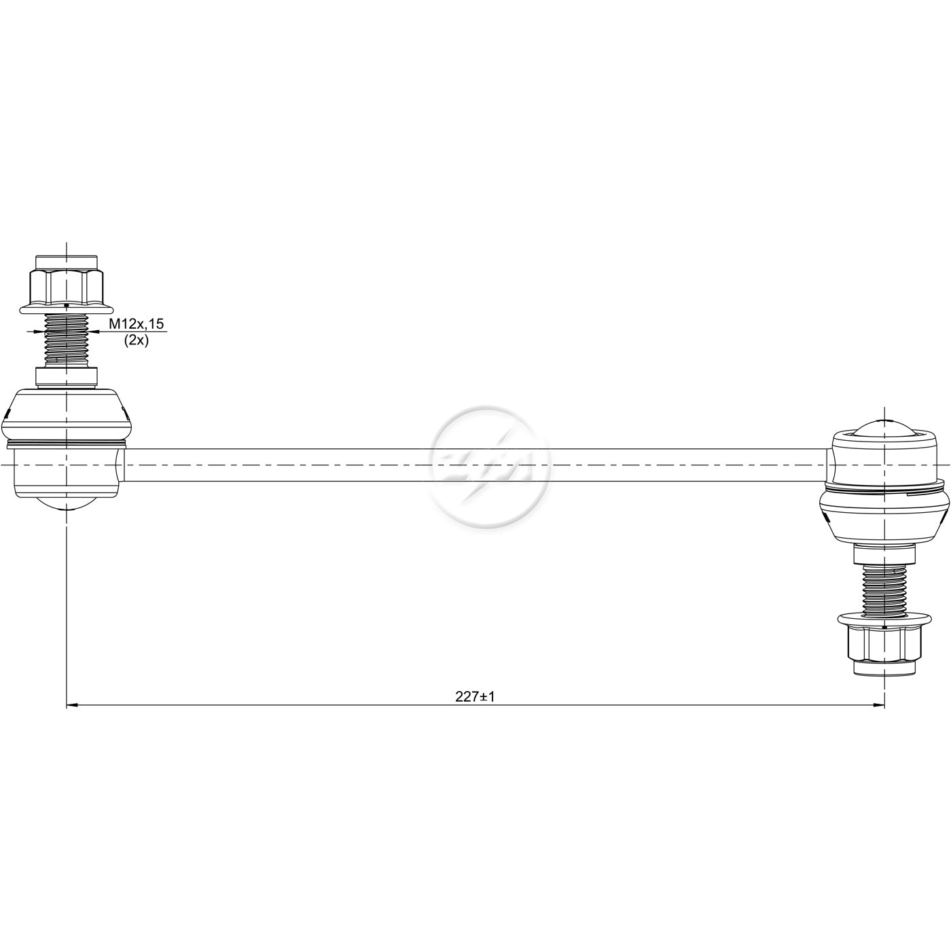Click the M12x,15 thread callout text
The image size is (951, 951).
click(x=136, y=324)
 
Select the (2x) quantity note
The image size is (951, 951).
click(x=136, y=340)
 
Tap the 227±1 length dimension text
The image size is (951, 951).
click(x=475, y=696)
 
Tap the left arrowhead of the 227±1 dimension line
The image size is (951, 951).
click(x=73, y=705)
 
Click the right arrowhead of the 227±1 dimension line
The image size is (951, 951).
click(x=878, y=705)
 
